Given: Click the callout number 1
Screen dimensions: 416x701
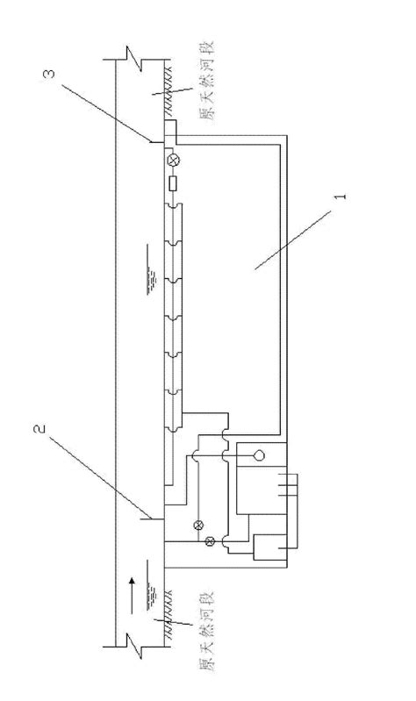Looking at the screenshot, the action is tap(341, 197).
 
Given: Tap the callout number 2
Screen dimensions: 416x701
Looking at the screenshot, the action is tap(39, 429).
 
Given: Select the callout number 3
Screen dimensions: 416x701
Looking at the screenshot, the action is tap(50, 74).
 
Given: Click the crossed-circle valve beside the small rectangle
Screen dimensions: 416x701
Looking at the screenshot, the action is tap(172, 160).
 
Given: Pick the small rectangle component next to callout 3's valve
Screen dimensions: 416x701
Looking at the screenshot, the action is tap(173, 183).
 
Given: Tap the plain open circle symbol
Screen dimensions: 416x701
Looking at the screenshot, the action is tap(259, 455).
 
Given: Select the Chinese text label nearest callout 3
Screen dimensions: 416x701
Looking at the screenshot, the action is tap(206, 81).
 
